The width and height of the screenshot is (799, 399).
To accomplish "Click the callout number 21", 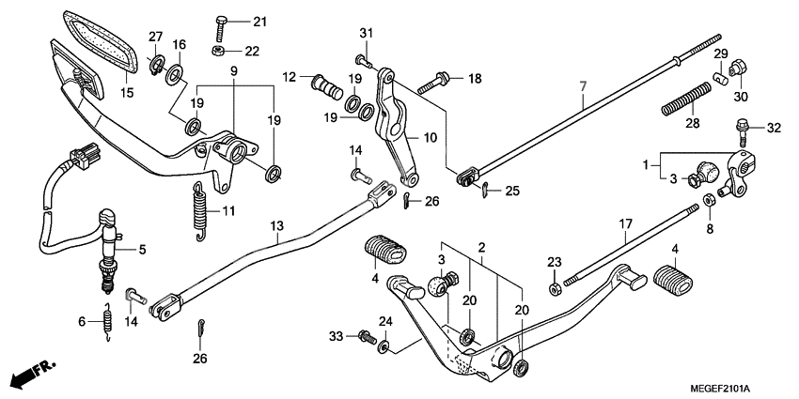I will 259,22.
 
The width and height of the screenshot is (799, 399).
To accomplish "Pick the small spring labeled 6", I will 108,320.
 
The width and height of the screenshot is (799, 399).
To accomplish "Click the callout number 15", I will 128,92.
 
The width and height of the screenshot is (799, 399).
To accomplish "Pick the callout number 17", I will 625,225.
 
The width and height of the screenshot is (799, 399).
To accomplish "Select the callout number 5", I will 143,250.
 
